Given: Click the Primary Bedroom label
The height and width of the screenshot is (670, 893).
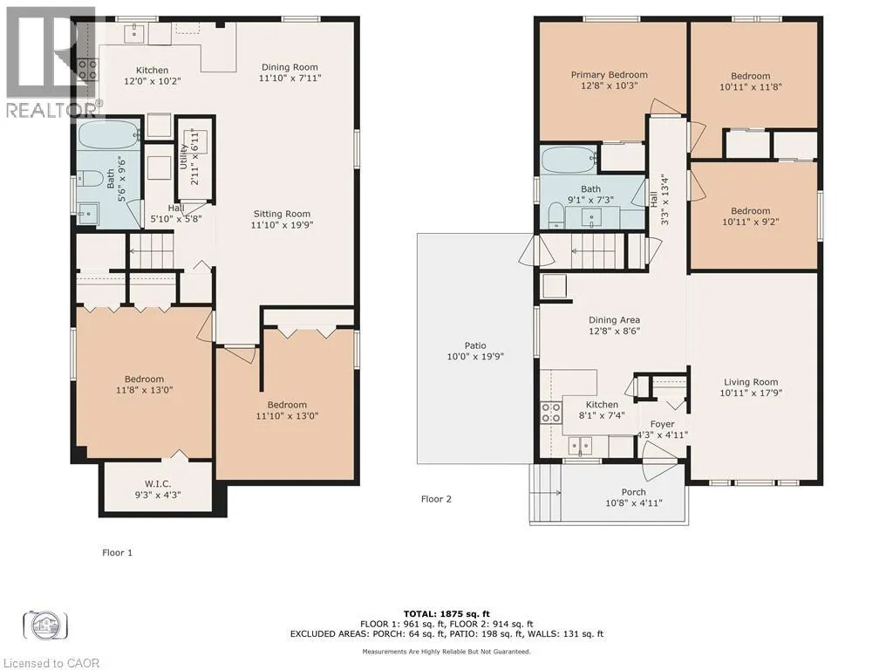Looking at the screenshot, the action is pos(609,75).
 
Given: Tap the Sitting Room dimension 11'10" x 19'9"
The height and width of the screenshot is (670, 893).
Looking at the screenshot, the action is pos(282,225).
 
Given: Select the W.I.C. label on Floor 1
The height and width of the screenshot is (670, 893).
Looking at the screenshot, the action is pos(158,484).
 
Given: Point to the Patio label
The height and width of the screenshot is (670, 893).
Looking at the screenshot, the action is pos(475,345).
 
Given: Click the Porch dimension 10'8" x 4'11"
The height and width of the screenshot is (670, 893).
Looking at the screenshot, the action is pos(633,503).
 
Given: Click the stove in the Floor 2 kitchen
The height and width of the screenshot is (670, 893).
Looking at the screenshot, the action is pos(551,413).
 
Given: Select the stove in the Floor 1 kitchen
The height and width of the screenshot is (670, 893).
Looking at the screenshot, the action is pos(87,70).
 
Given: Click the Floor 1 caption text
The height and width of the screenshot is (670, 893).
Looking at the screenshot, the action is pos(118,552).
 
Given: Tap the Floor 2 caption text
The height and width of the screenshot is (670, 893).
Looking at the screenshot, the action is pos(436,499).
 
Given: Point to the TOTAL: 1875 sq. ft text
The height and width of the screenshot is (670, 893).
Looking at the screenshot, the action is pos(446,613).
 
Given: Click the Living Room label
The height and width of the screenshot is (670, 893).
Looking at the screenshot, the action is pos(751,382).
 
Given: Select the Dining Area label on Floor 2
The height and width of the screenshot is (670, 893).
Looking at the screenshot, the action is pos(614,320).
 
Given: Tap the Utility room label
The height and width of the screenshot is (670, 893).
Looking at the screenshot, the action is pos(183,156).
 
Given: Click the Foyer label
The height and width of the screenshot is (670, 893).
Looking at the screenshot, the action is pos(662,425).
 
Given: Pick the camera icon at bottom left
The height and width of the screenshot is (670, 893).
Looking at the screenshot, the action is pos(45,625).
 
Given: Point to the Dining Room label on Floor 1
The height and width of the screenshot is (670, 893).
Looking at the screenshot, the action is pos(290,67).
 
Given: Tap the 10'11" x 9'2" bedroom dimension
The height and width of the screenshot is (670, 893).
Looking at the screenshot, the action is pos(751,222).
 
